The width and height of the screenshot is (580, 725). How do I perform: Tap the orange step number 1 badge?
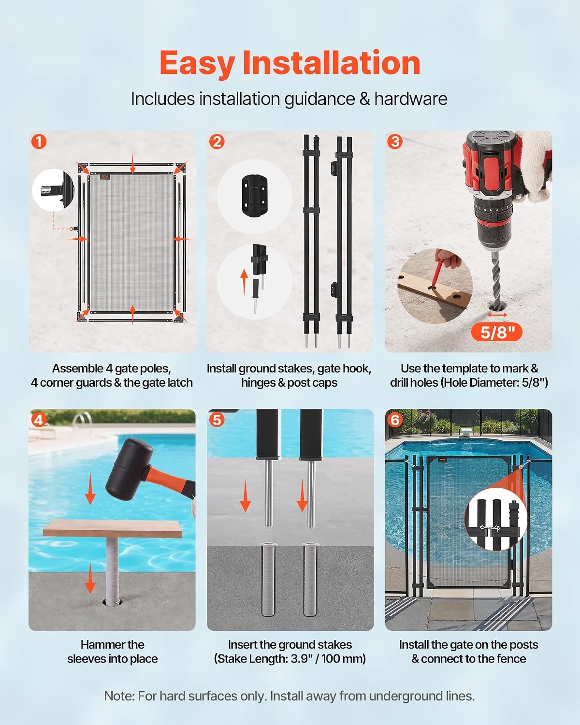[x=39, y=142]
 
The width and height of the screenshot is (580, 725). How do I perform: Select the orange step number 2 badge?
[x=217, y=142]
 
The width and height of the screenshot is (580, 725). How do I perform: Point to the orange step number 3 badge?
[x=395, y=142]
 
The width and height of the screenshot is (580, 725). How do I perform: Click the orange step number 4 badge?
[x=39, y=420]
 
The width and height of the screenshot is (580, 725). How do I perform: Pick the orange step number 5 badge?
[x=217, y=420]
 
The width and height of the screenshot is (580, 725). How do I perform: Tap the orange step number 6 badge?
[x=395, y=420]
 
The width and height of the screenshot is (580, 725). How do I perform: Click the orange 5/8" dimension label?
[x=497, y=332]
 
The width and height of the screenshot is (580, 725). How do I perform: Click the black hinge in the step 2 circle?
[x=254, y=195]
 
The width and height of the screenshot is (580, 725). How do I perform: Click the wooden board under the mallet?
[x=113, y=528]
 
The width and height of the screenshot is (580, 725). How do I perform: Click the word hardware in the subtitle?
[x=411, y=99]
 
